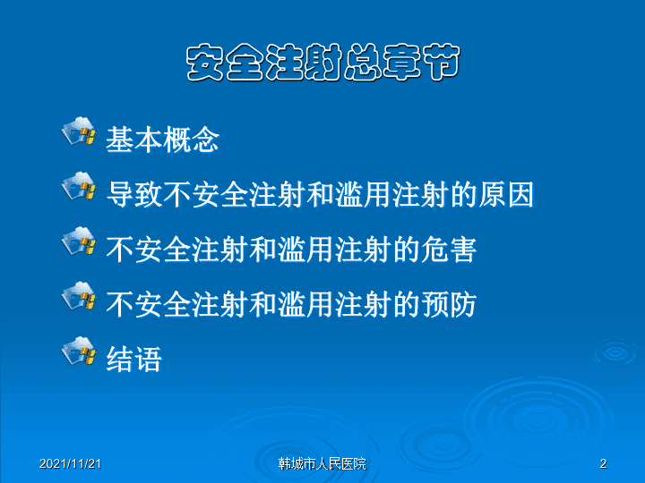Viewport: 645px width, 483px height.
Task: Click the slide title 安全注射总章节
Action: pos(322,63)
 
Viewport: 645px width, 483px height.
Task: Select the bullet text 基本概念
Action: pos(162,140)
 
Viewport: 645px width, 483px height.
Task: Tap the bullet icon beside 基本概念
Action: pos(79,131)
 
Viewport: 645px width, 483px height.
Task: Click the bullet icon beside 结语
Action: pos(79,351)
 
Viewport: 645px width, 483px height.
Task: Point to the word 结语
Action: pos(134,360)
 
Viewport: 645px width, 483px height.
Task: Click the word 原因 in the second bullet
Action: pos(506,194)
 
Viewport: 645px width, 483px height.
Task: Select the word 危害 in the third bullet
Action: pos(449,250)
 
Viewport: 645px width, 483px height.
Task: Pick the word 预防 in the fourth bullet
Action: pos(449,304)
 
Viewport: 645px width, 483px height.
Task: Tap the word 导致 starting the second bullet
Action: pos(134,194)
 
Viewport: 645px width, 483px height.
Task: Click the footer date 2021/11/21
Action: pos(71,463)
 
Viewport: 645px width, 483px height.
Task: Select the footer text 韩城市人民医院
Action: pos(322,463)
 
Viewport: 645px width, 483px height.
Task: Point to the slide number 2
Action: pos(604,463)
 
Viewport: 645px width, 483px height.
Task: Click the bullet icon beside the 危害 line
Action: pos(79,241)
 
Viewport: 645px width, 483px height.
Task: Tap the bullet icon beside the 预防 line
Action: pos(79,296)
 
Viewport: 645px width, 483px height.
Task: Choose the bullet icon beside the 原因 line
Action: pos(79,186)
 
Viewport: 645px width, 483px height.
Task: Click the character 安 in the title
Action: pos(204,63)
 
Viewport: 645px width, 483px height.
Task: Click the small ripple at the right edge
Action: pos(615,352)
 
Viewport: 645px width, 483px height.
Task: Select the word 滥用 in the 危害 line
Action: pos(305,250)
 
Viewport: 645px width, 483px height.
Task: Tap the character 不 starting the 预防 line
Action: pos(120,304)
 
